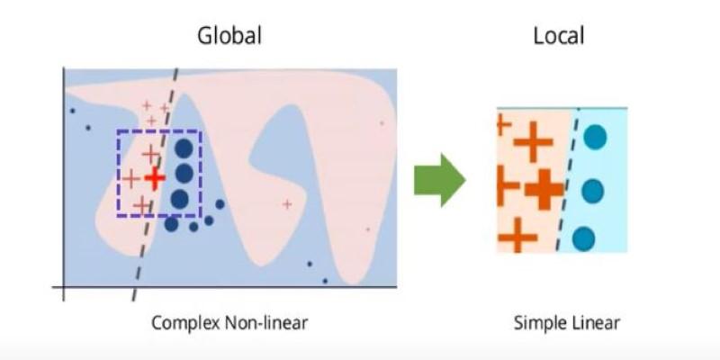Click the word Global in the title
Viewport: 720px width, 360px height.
coord(229,36)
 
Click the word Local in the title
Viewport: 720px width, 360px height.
coord(559,36)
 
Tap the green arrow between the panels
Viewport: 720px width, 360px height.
coord(440,180)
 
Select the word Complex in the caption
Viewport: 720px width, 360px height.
coord(185,323)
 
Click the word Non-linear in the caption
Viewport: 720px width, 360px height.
coord(265,323)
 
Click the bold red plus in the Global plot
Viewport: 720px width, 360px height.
coord(155,178)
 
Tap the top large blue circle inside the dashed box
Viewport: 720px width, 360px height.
coord(184,148)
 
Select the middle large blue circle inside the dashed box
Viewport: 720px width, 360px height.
coord(184,173)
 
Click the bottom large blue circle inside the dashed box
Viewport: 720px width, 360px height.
coord(179,199)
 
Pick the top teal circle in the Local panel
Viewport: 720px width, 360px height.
coord(595,138)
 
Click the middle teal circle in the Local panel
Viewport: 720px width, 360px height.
coord(593,191)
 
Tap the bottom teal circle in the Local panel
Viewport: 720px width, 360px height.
coord(583,238)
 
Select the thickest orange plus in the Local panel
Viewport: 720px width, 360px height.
coord(544,189)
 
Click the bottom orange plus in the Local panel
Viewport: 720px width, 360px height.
coord(518,237)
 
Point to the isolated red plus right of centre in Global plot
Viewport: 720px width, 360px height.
coord(287,204)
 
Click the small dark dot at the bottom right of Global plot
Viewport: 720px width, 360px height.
coord(325,281)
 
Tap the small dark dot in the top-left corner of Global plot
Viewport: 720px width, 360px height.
coord(72,111)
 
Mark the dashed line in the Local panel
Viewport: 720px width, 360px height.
coord(567,180)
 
